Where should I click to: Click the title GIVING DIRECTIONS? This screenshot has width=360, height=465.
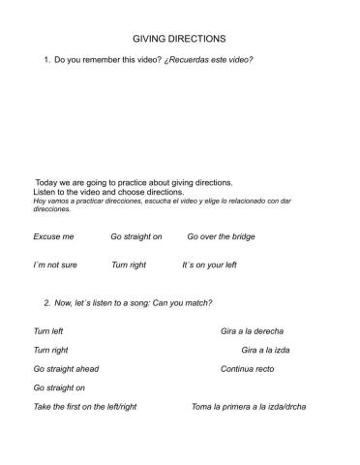coord(179,39)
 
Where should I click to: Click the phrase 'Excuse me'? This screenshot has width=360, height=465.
coord(53,236)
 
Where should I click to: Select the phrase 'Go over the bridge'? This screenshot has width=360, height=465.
coord(221,236)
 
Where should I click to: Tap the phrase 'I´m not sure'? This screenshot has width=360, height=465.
coord(55,264)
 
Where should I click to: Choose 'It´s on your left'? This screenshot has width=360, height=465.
coord(209,264)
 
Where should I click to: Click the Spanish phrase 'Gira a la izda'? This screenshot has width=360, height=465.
coord(265,350)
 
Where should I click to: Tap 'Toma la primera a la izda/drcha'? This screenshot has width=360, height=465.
coord(249,407)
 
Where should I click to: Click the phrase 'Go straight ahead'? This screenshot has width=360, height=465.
coord(66,369)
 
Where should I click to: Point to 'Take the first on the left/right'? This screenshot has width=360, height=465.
coord(85,407)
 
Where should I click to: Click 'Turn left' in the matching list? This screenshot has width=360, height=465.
coord(48,331)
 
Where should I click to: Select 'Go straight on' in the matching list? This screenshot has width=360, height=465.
coord(59,387)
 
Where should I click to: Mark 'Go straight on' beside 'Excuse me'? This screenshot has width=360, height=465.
coord(136,236)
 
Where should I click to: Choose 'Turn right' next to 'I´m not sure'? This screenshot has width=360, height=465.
coord(129,264)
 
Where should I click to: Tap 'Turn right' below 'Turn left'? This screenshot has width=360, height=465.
coord(50,350)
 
